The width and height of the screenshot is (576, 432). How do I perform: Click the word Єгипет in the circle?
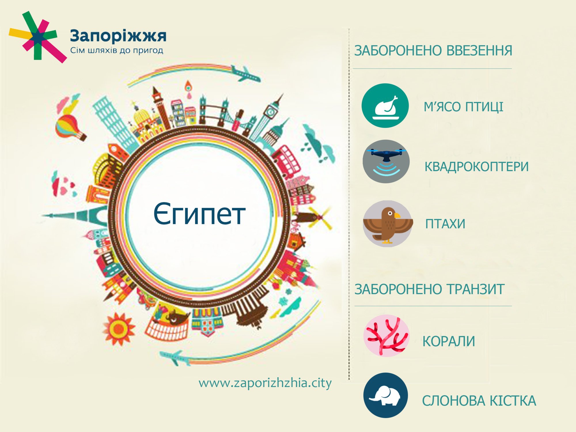[x=199, y=214]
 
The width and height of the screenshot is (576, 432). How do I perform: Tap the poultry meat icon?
[x=385, y=106]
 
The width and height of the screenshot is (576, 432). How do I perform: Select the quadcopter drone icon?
[x=386, y=161]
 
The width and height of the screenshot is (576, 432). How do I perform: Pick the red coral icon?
[x=386, y=336]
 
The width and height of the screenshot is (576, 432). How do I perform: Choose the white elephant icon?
[x=386, y=395]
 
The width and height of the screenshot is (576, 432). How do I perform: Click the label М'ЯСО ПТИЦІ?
[x=463, y=107]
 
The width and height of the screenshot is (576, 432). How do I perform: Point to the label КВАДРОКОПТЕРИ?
[x=476, y=167]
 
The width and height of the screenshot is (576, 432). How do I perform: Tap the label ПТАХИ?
[x=445, y=224]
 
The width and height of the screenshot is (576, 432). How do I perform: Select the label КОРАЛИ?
[x=449, y=342]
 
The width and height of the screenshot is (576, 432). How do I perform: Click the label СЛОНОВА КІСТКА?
[x=479, y=401]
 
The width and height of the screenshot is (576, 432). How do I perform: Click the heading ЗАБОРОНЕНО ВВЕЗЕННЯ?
[x=433, y=51]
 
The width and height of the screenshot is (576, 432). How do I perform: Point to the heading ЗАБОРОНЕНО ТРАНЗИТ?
[x=429, y=289]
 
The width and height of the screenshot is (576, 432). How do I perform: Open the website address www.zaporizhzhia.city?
[x=265, y=383]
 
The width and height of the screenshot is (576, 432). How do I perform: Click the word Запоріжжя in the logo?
[x=118, y=36]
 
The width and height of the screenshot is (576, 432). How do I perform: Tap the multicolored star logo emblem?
[x=37, y=37]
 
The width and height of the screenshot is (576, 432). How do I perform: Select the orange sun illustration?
[x=118, y=329]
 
